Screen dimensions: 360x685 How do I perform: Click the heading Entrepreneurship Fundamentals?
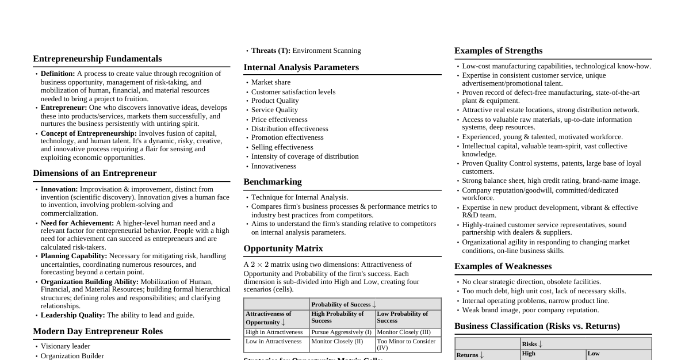(97, 59)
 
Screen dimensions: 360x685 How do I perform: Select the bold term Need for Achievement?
(77, 223)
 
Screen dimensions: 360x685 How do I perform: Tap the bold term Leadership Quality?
(72, 315)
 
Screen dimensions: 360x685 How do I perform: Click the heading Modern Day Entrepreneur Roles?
(98, 331)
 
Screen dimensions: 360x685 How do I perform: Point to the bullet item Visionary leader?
(65, 346)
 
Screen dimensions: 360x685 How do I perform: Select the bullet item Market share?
(270, 82)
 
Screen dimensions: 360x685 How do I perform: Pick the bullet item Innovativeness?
(273, 166)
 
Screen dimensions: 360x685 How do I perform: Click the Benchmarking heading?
(272, 182)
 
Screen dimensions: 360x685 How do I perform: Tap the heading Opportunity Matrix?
(283, 248)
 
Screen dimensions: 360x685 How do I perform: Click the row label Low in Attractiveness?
(273, 342)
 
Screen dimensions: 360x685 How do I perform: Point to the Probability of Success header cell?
(343, 304)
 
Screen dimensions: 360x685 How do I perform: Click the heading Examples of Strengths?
(498, 51)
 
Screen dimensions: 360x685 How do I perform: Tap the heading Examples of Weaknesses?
(503, 266)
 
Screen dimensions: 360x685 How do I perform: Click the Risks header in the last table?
(532, 344)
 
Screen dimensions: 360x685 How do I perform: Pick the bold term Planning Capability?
(74, 256)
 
